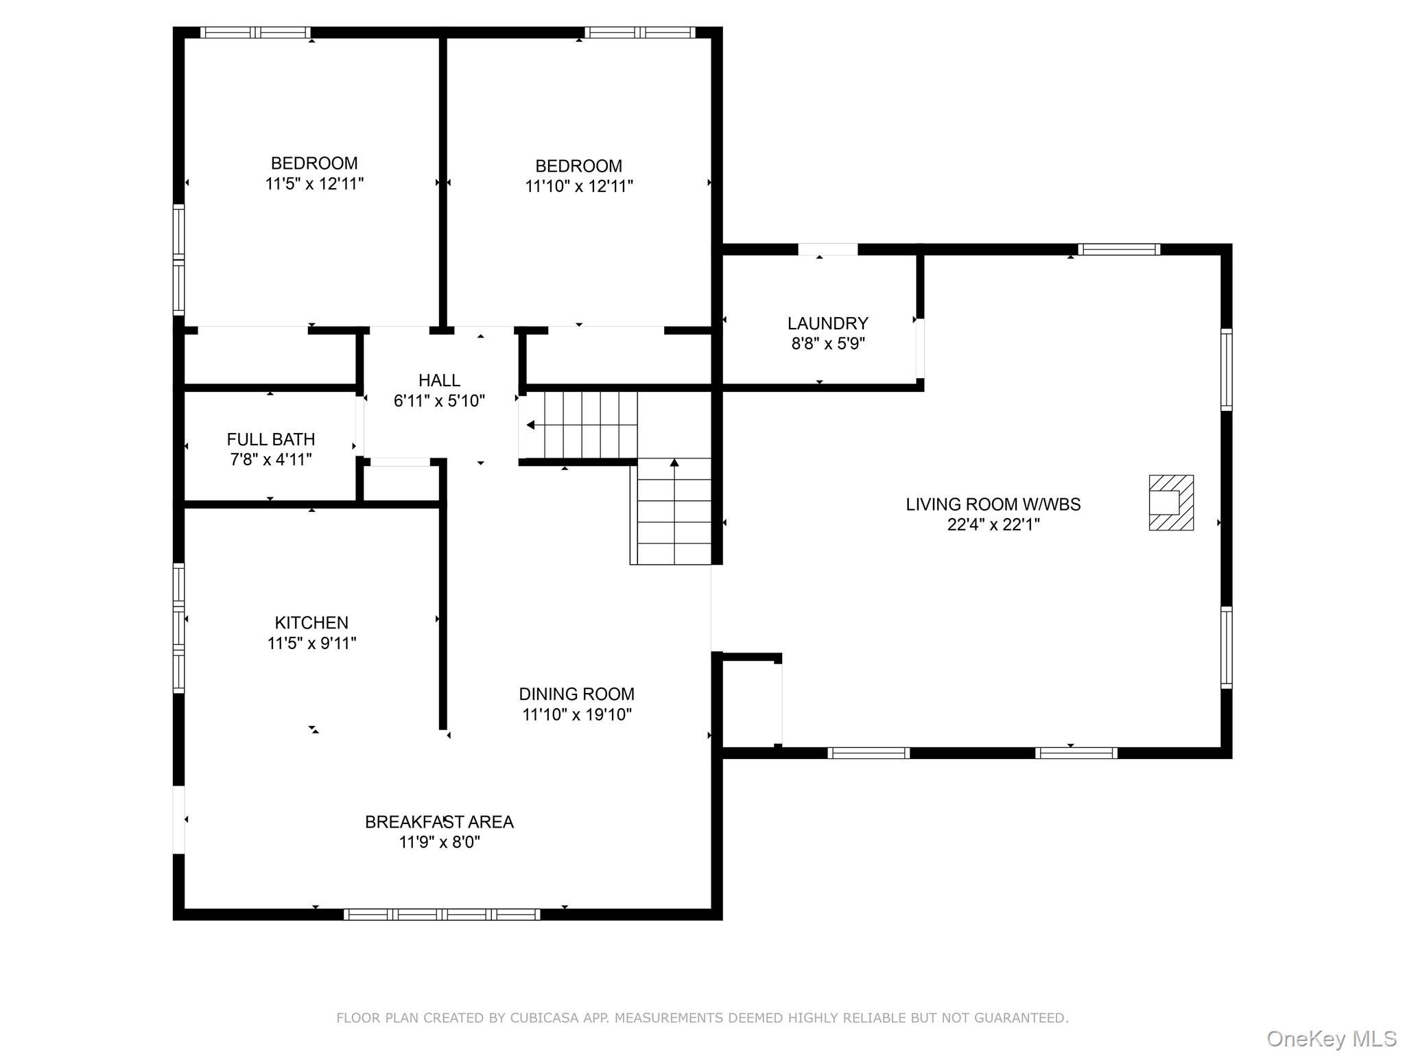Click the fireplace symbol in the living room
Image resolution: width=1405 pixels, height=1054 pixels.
(1171, 502)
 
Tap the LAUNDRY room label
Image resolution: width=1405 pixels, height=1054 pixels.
(827, 323)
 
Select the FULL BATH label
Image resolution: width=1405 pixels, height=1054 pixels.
(271, 439)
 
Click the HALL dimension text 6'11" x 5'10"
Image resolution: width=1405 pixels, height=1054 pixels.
(439, 401)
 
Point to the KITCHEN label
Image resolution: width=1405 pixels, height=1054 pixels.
(311, 622)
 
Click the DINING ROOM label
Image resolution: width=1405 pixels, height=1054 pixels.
(576, 694)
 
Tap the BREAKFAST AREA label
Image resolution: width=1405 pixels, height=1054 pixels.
(439, 821)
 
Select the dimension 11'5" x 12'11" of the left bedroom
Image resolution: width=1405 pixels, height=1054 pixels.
(314, 184)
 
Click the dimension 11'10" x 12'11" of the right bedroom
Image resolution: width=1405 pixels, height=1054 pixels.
(579, 186)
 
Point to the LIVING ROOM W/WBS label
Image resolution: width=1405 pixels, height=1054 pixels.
(993, 504)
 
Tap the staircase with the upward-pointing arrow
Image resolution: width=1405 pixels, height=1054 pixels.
(674, 511)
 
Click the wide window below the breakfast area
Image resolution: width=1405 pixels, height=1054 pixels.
(442, 914)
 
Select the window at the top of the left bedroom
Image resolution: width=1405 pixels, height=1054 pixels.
(255, 32)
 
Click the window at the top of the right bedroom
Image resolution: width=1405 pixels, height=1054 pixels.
(640, 32)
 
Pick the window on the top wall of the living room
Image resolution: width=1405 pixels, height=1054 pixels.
(1119, 249)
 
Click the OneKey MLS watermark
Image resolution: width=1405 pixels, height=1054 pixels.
(1331, 1039)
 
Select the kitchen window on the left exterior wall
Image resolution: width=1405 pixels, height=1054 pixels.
(178, 628)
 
